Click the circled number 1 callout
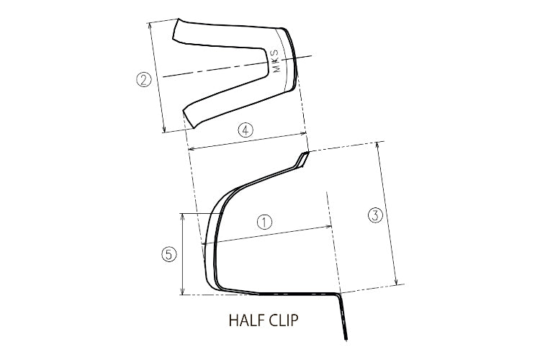pos(265,222)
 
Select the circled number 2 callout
pos(144,80)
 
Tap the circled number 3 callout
pos(374,215)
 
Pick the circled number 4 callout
pos(246,130)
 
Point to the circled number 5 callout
pos(168,254)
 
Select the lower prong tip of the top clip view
pos(188,115)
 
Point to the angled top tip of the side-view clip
pos(305,156)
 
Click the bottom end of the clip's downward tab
pos(347,337)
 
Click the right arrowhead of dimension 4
pos(306,133)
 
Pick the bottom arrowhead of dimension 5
pos(184,292)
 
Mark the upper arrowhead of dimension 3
pos(379,144)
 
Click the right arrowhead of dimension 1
pos(332,227)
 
